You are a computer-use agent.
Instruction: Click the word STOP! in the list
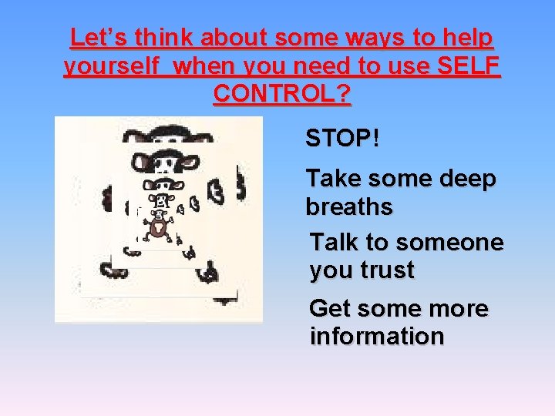[x=342, y=139]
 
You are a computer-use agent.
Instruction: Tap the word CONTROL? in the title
[x=282, y=94]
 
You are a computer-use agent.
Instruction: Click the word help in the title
[x=467, y=38]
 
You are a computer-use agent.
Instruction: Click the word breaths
[x=349, y=207]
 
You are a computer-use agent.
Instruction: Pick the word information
[x=377, y=337]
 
